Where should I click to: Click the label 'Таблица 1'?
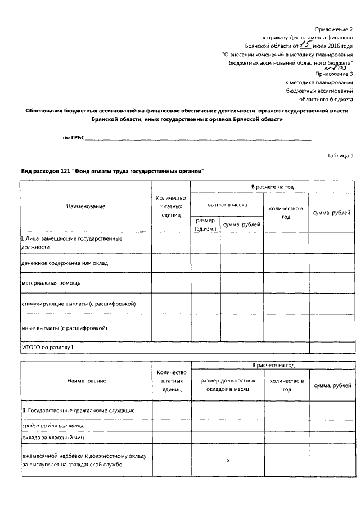pos(340,156)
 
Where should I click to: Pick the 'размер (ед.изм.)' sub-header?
pos(205,225)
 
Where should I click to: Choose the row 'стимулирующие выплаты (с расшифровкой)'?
pos(78,304)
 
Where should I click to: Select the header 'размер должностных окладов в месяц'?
pos(228,385)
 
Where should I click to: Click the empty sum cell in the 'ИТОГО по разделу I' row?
pos(332,348)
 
